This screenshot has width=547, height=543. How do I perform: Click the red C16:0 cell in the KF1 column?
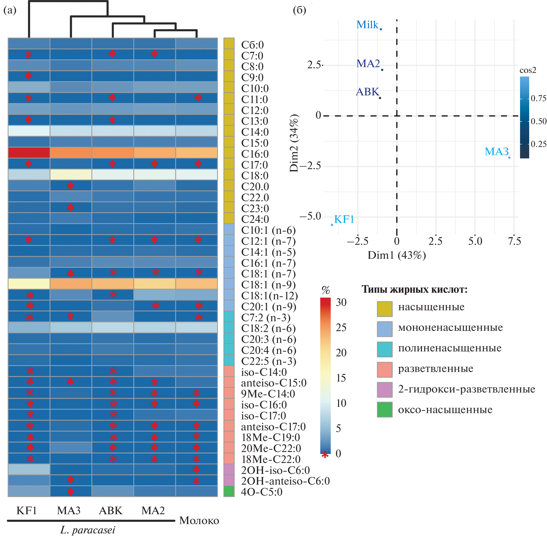pyautogui.click(x=29, y=153)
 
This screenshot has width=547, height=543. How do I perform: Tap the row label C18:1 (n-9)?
pyautogui.click(x=268, y=285)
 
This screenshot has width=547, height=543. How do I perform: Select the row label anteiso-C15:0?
pyautogui.click(x=274, y=383)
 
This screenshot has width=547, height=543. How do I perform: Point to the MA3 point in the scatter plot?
pyautogui.click(x=509, y=158)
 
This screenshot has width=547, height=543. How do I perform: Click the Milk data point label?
pyautogui.click(x=367, y=25)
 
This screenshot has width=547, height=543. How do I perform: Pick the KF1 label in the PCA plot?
pyautogui.click(x=344, y=219)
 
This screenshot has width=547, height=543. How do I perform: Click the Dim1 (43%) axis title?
pyautogui.click(x=396, y=255)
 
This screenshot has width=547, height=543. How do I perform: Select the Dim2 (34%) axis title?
pyautogui.click(x=294, y=143)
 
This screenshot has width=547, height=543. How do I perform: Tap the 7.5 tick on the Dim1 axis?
pyautogui.click(x=514, y=241)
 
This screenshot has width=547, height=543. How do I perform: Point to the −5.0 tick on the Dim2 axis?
pyautogui.click(x=310, y=217)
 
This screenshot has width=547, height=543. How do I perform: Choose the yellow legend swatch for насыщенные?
pyautogui.click(x=384, y=309)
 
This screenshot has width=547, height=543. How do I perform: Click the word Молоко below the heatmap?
pyautogui.click(x=199, y=520)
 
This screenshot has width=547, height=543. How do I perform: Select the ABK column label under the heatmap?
pyautogui.click(x=111, y=510)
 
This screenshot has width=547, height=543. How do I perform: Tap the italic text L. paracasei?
pyautogui.click(x=87, y=530)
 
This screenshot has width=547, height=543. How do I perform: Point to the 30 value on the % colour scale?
pyautogui.click(x=341, y=302)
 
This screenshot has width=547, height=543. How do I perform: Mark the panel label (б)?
pyautogui.click(x=299, y=10)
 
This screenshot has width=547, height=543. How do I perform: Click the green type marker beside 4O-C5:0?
pyautogui.click(x=229, y=491)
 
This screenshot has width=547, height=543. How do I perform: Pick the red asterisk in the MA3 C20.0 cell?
pyautogui.click(x=70, y=186)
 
